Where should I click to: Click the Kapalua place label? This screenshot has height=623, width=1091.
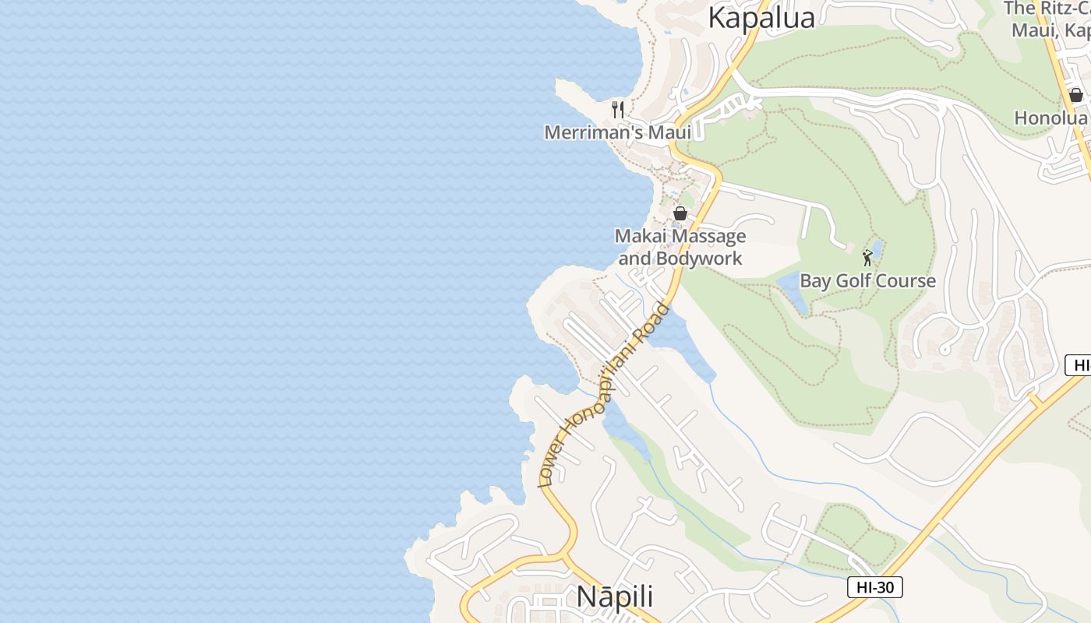click(761, 18)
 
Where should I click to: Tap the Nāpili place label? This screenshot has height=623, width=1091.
click(614, 597)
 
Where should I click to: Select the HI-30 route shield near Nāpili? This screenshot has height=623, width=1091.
click(874, 587)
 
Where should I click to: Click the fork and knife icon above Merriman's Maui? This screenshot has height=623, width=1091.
click(618, 109)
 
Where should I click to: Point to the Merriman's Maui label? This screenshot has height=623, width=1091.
click(617, 132)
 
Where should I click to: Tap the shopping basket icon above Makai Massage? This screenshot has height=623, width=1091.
click(680, 213)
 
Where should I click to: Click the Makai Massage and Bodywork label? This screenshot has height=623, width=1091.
click(680, 247)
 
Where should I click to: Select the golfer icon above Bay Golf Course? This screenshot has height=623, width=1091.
click(867, 257)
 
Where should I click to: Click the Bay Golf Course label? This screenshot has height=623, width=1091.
click(867, 281)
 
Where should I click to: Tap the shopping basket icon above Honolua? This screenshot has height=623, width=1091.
click(1076, 95)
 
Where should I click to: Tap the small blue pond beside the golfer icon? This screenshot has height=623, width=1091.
click(878, 248)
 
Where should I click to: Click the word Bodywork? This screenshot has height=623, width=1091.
click(698, 259)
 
